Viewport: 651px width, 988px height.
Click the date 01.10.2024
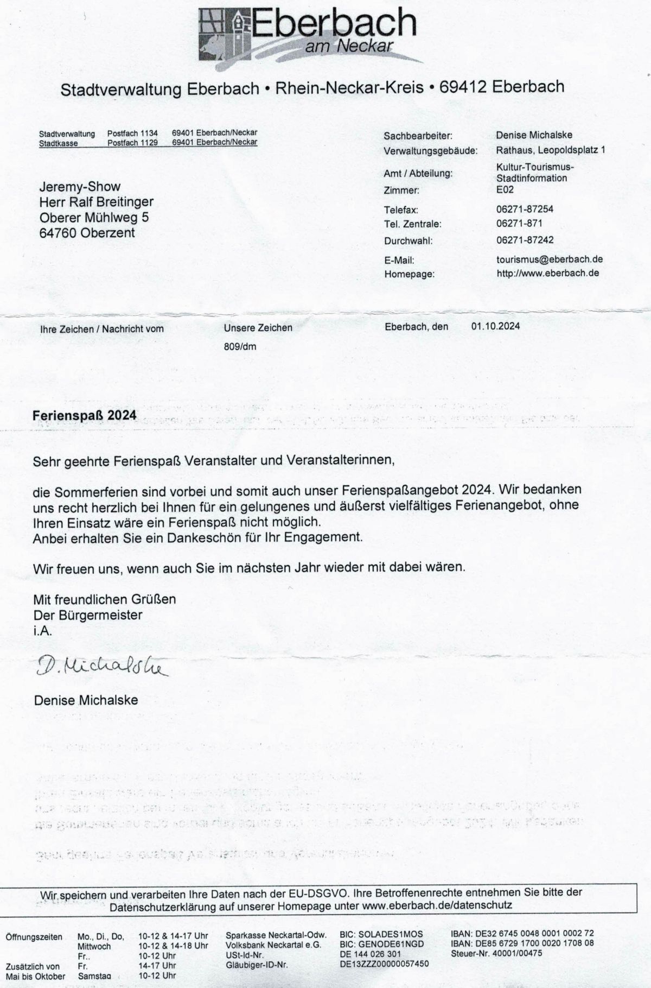coord(495,326)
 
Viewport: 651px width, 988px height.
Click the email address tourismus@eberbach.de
coord(550,259)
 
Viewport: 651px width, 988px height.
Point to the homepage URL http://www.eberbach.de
coord(547,273)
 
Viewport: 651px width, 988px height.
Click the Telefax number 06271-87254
coord(525,209)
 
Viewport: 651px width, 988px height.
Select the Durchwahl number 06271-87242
coord(525,240)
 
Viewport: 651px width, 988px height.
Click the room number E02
coord(505,189)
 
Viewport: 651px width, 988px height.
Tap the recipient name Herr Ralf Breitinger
coord(96,202)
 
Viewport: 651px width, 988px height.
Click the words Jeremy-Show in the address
coord(80,187)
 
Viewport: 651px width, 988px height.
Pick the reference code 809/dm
coord(240,346)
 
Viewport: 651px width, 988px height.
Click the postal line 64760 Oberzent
coord(87,233)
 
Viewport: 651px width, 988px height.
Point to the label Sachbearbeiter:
coord(417,136)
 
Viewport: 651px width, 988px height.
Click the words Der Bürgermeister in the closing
coord(88,615)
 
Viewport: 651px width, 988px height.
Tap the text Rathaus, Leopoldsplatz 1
coord(550,150)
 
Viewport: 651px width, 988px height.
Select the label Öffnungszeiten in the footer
coord(34,936)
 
